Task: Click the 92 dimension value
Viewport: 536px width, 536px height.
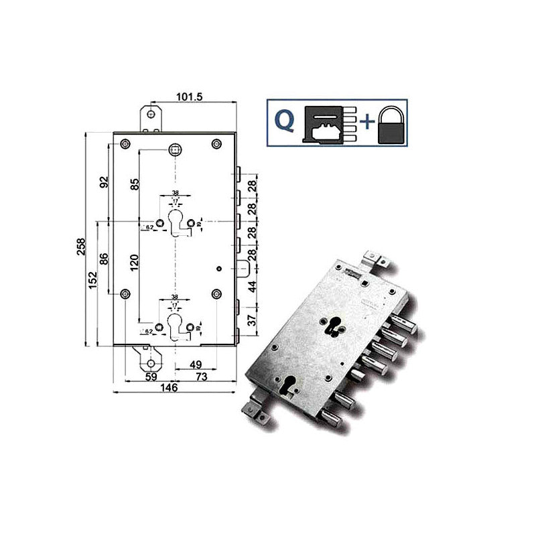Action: tap(105, 182)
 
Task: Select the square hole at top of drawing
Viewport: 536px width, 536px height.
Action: tap(175, 149)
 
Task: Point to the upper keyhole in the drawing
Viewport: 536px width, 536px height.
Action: tap(175, 222)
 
